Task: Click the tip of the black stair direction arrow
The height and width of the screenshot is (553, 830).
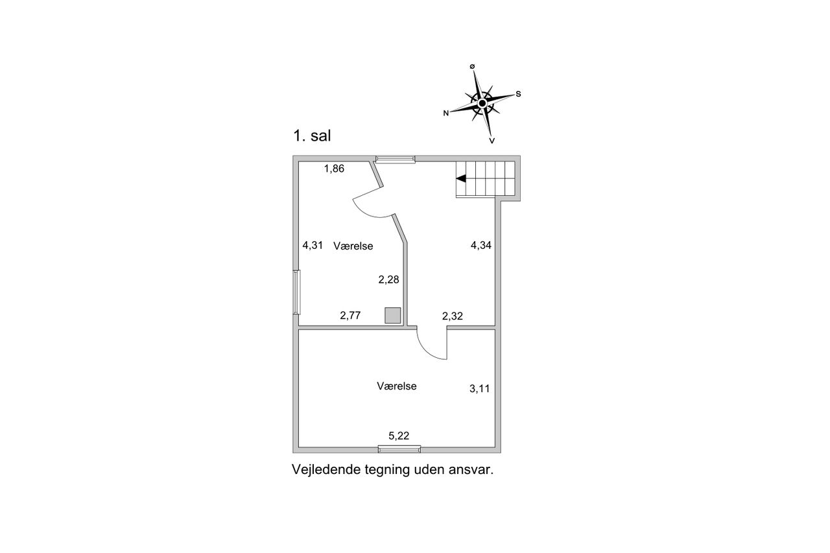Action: [456, 178]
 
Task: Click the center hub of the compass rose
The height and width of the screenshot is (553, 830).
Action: [482, 103]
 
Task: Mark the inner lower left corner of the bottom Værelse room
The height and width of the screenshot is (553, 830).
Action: [299, 447]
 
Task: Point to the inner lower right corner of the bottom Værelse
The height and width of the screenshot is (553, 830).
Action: [495, 447]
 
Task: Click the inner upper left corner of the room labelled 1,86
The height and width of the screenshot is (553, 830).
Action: [299, 161]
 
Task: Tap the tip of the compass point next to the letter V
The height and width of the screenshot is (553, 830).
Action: [491, 136]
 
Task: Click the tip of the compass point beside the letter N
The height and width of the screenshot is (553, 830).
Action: [450, 112]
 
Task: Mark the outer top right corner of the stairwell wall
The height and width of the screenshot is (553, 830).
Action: [520, 156]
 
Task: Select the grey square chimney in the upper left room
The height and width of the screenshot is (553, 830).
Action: [393, 315]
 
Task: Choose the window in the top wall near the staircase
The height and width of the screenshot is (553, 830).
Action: [396, 159]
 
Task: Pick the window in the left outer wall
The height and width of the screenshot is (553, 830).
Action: [296, 292]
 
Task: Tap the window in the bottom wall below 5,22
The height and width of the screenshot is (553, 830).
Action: [399, 449]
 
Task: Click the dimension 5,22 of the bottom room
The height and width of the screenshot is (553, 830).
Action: [399, 436]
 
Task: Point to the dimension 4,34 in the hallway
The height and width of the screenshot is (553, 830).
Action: [481, 245]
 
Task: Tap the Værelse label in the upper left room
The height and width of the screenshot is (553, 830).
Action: [353, 246]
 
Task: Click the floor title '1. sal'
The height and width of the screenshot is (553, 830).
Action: [312, 135]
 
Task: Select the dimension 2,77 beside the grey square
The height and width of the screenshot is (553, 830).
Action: [350, 316]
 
